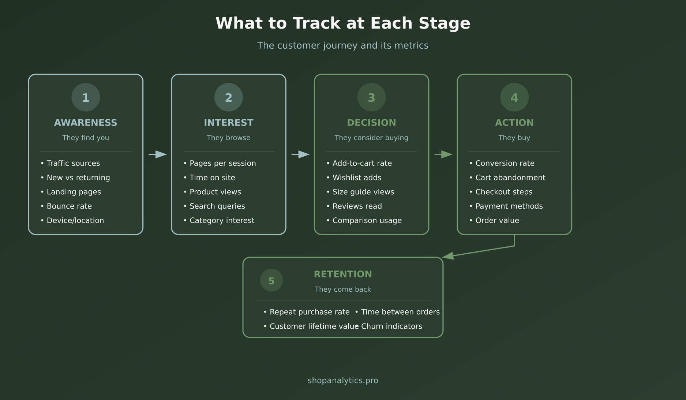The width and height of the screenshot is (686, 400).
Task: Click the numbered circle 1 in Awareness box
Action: (86, 97)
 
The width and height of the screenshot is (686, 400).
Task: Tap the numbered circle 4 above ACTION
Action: (514, 97)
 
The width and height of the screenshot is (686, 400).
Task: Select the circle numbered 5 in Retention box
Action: (271, 281)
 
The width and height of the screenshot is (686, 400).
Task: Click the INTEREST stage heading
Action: (228, 123)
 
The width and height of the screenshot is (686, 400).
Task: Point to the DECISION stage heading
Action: (371, 123)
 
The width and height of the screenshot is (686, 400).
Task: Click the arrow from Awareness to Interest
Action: (158, 154)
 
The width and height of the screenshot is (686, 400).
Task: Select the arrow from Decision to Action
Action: (443, 154)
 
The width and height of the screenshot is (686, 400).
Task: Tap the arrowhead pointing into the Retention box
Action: (449, 256)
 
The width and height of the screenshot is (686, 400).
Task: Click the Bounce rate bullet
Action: (69, 206)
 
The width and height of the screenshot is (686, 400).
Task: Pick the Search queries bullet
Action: (217, 206)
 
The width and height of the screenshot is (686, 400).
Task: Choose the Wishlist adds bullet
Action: (357, 177)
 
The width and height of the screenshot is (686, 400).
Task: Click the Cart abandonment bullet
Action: (510, 177)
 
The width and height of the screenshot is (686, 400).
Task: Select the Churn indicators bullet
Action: (391, 326)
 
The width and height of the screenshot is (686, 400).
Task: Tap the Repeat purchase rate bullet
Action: (309, 312)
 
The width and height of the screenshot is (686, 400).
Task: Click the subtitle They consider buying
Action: (371, 138)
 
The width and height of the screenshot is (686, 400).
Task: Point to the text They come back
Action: (343, 289)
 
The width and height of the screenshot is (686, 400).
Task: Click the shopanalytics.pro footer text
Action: (343, 380)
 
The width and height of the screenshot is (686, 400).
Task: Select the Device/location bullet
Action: (75, 220)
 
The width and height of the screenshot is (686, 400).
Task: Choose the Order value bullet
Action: (497, 220)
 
